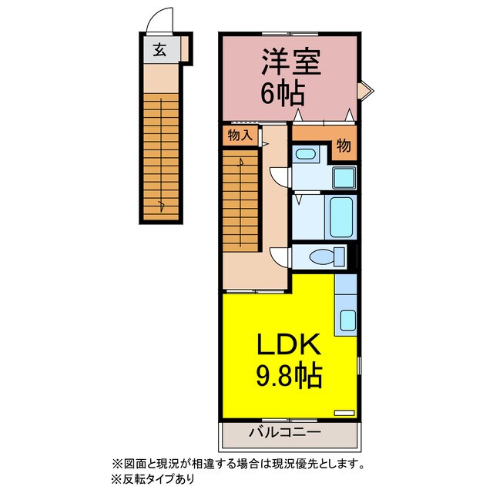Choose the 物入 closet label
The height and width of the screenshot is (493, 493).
[239, 135]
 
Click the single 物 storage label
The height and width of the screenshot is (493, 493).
[344, 145]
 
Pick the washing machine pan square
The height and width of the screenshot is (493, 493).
[344, 176]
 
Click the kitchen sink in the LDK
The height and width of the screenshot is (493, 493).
[347, 319]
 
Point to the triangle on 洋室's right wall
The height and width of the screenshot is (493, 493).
[367, 91]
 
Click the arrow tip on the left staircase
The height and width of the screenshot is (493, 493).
[161, 205]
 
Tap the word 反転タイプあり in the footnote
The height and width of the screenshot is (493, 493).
[158, 478]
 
